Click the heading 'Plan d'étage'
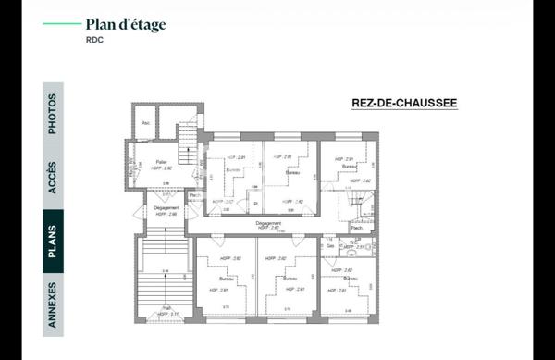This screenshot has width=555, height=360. coord(126,25)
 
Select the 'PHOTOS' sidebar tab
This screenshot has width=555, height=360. coord(53,113)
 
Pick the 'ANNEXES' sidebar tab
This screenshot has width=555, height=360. coord(53,303)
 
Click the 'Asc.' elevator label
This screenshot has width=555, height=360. coord(145,123)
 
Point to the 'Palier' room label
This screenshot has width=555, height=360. coord(161,162)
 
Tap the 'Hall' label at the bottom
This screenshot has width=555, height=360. coord(166,308)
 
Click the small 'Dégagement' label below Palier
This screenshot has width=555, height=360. coord(166,208)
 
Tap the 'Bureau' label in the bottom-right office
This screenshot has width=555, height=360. coord(350,279)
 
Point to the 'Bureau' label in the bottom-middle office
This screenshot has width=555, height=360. coord(288,278)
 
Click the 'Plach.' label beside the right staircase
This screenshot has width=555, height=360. coord(355,228)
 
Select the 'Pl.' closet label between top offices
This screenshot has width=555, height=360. coord(256,203)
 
